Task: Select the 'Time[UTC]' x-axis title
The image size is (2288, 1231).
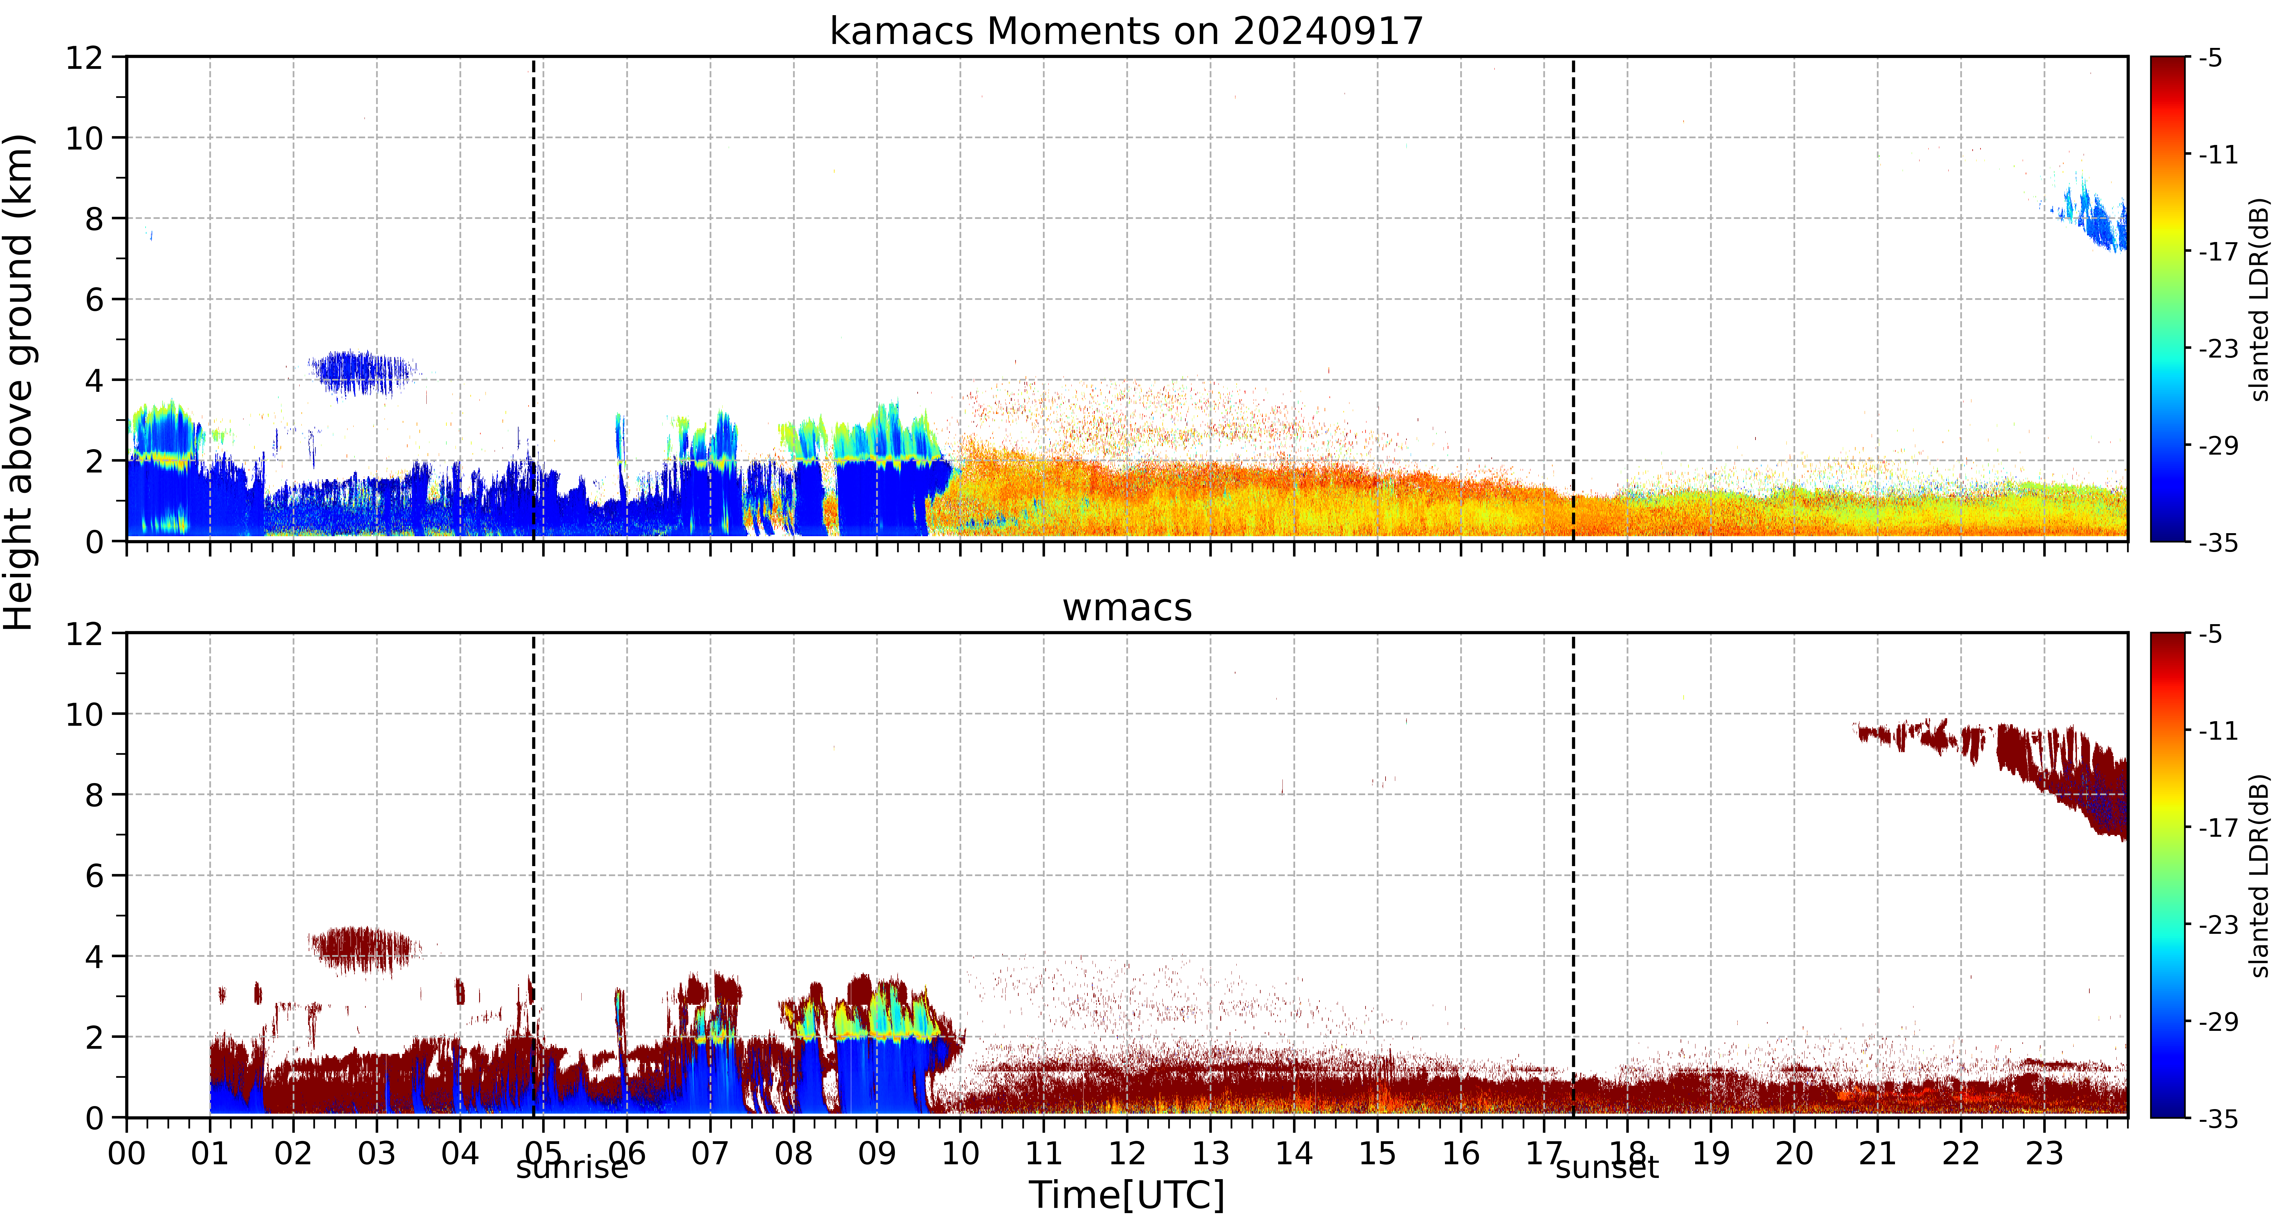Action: [x=1126, y=1196]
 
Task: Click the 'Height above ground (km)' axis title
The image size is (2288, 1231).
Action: [x=19, y=382]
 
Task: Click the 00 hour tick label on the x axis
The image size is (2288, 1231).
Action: [x=127, y=1154]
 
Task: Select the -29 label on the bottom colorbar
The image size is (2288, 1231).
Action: [x=2218, y=1021]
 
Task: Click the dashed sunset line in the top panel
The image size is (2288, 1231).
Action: [x=1573, y=299]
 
